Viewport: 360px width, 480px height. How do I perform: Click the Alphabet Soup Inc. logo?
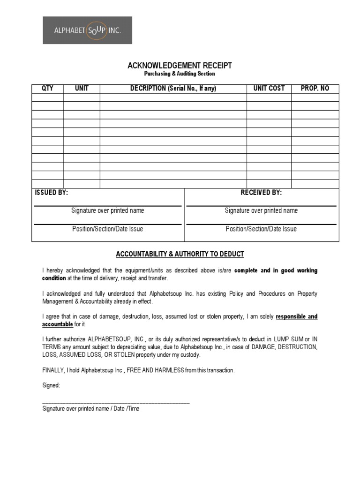87,30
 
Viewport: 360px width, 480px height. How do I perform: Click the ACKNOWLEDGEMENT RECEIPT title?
180,66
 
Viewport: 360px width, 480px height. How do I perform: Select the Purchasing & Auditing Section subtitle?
180,74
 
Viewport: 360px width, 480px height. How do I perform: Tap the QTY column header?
47,89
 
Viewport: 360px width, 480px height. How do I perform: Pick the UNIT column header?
82,89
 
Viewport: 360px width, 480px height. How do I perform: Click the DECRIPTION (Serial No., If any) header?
173,89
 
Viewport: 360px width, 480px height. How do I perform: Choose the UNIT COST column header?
269,89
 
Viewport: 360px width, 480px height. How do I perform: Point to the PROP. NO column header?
315,89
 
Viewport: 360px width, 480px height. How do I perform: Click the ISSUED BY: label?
52,193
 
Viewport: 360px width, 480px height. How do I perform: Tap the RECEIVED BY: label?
261,193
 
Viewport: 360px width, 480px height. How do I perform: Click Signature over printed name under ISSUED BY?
107,210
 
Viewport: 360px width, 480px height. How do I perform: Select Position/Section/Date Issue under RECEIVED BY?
261,229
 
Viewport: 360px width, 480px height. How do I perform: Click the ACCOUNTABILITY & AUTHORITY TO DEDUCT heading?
180,254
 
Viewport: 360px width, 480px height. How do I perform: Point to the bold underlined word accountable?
58,324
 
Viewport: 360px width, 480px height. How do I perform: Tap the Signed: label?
51,385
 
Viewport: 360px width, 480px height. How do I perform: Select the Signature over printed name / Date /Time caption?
90,409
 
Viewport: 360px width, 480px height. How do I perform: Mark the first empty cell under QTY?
47,97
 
